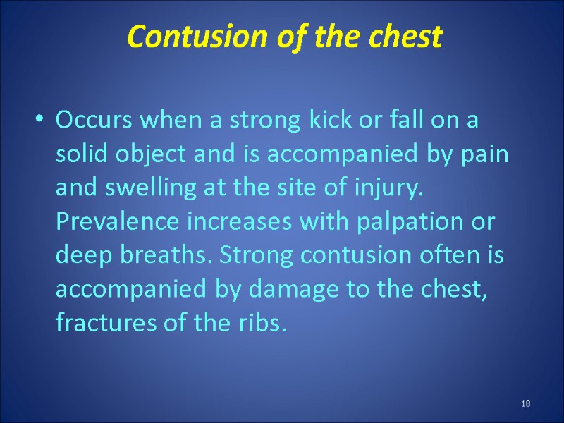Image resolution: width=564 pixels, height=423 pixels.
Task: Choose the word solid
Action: pyautogui.click(x=79, y=154)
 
